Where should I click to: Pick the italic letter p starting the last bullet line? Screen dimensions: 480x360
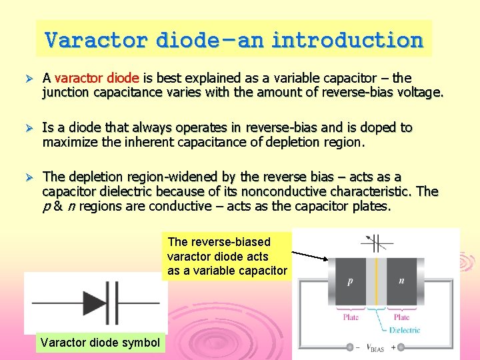point(46,207)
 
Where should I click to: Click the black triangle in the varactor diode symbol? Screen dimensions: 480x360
point(95,303)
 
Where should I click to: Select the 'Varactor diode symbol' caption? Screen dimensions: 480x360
point(100,343)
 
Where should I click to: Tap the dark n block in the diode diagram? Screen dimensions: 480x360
point(401,281)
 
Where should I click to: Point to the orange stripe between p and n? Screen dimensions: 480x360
point(375,281)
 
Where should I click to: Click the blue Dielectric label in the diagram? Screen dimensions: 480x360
point(405,330)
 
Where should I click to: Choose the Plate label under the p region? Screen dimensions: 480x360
point(351,317)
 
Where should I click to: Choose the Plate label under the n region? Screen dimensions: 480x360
point(402,317)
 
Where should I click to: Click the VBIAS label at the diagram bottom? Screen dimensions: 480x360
point(375,347)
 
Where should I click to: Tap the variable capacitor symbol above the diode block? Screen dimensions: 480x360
point(375,242)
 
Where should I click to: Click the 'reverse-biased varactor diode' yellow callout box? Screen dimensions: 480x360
point(227,256)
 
